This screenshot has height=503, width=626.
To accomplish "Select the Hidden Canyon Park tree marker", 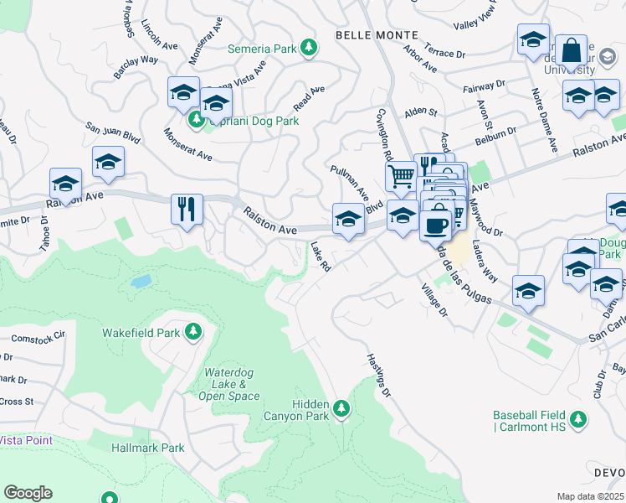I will point(341,408).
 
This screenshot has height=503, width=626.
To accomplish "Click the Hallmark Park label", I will point(147,448).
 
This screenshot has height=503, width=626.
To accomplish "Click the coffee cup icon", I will point(435,225).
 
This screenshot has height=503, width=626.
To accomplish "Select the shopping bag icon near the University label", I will point(572,50).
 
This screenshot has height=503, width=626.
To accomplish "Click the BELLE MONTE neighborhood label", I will point(370,34).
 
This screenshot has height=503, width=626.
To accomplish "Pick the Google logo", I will point(27,493).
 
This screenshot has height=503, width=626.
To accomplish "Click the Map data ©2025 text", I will point(591,496).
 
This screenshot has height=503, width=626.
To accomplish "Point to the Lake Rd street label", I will point(321,257).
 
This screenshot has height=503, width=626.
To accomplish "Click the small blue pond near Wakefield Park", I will point(141,281).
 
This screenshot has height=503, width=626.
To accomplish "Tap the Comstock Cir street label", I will point(38,340).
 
